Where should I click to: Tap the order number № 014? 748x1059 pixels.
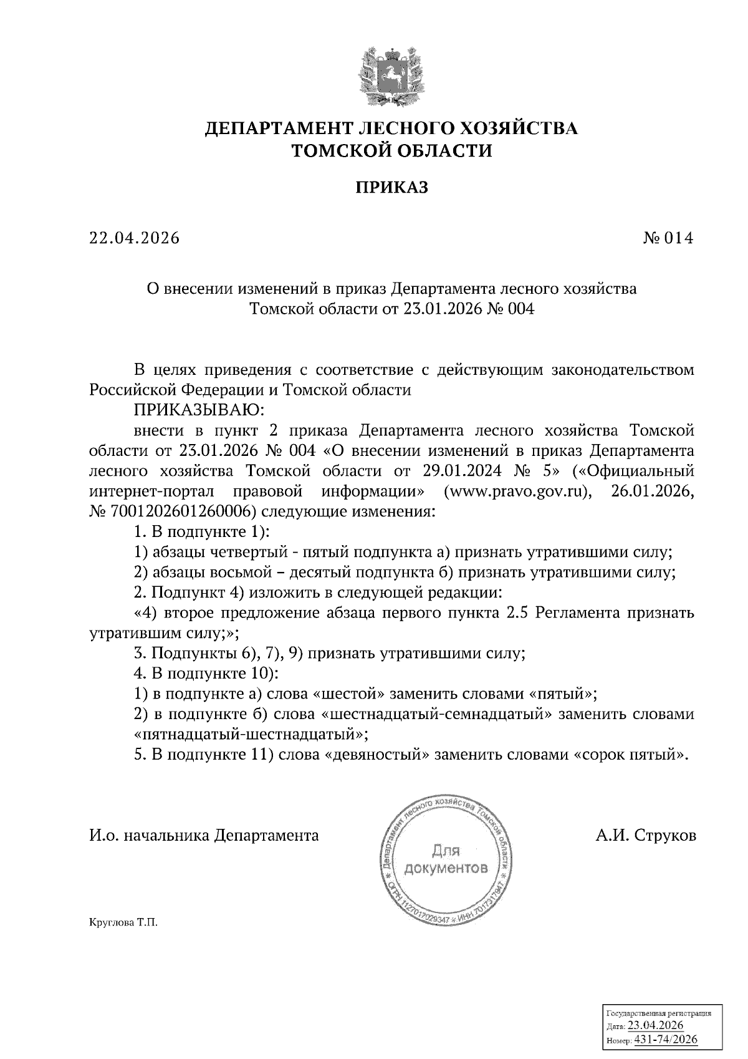668,238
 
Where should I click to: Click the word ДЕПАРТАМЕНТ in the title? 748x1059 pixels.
280,129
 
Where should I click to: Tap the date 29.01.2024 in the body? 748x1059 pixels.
464,471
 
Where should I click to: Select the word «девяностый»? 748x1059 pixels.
377,755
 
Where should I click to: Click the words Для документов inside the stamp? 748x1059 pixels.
445,859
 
